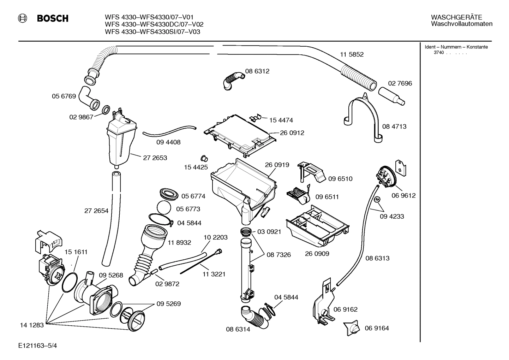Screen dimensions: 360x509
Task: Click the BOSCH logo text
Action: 53,18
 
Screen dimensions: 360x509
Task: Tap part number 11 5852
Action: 352,54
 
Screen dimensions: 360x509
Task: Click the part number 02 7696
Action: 400,83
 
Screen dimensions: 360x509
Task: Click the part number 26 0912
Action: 292,133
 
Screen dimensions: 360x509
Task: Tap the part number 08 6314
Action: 238,329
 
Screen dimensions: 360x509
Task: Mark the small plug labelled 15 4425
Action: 203,157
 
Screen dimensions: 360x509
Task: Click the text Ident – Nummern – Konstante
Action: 456,47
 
